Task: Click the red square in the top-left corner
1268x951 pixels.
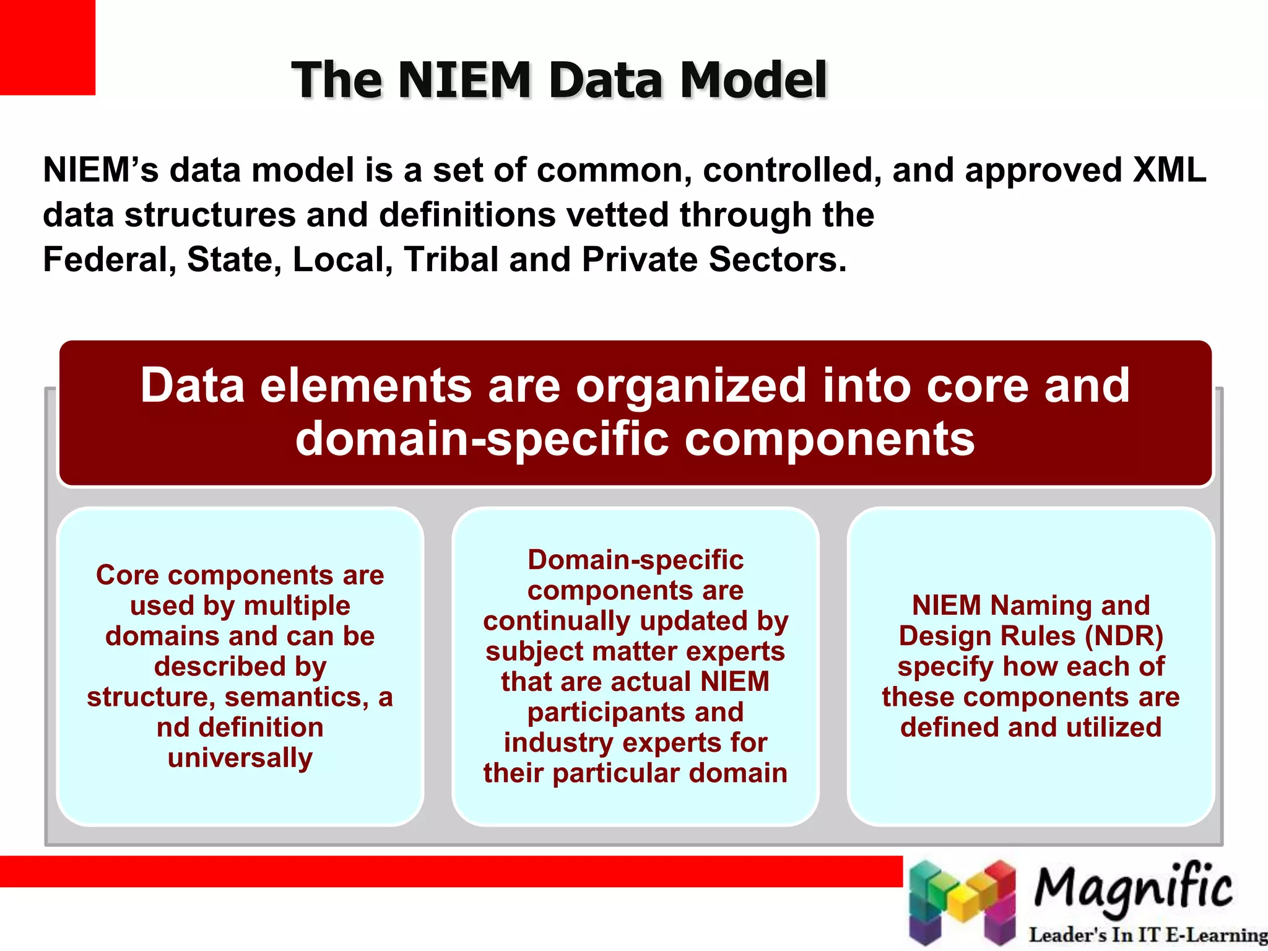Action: [47, 47]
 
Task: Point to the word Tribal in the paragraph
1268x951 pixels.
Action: [451, 259]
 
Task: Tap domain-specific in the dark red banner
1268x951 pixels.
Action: [482, 438]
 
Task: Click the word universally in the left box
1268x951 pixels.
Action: [240, 757]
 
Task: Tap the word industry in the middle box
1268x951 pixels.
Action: [558, 742]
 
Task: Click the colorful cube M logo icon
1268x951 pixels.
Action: [963, 902]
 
